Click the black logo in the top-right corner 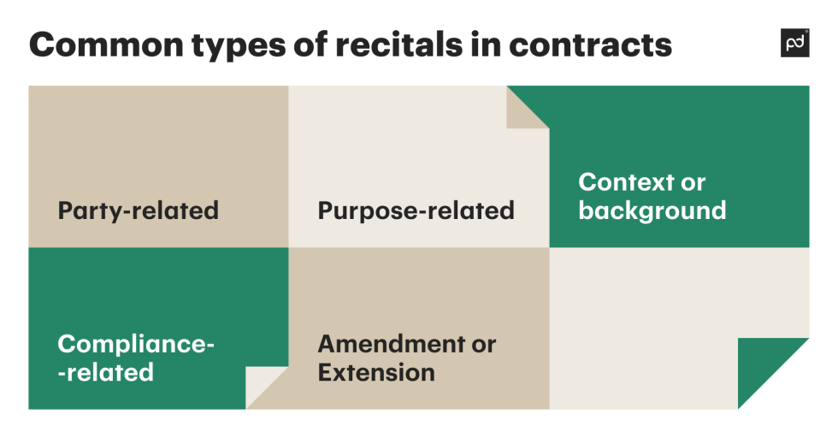[794, 43]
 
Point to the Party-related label [138, 210]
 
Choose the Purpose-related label [416, 210]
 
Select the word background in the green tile [652, 210]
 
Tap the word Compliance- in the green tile [136, 344]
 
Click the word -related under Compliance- [105, 372]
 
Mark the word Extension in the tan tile [376, 372]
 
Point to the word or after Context [693, 182]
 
